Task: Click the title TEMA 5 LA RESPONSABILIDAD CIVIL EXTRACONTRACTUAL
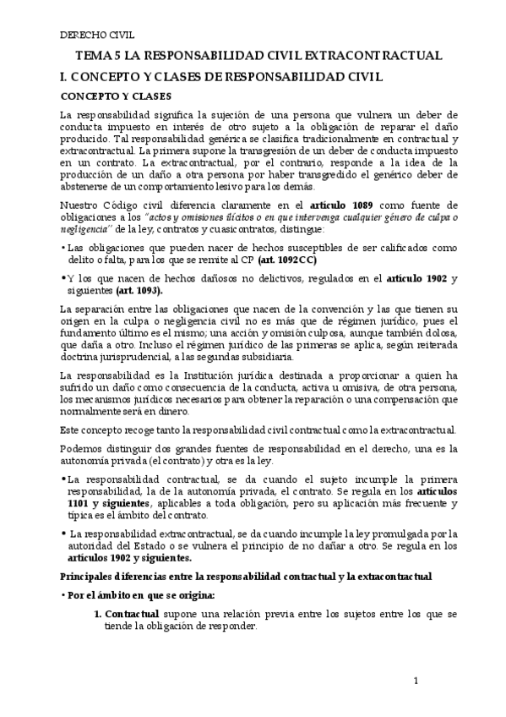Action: pos(259,57)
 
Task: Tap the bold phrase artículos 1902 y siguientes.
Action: pos(126,557)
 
